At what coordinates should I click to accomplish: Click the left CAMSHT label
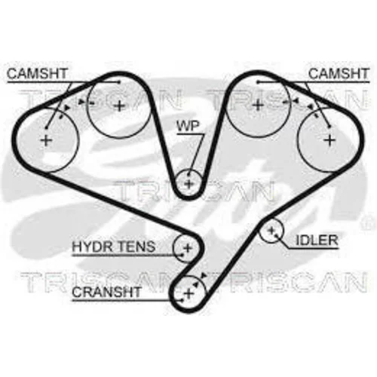(x=37, y=74)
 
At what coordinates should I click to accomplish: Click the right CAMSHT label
(x=339, y=74)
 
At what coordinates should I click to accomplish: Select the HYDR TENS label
(x=114, y=247)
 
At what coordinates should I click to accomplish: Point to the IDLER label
(x=317, y=241)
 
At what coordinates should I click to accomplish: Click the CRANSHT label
(x=106, y=292)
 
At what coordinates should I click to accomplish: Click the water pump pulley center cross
(x=189, y=183)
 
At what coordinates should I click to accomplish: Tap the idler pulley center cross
(x=271, y=230)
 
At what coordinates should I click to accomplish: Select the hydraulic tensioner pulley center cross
(x=188, y=248)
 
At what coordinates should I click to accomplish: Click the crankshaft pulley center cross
(x=189, y=293)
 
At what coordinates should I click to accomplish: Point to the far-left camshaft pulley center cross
(x=46, y=140)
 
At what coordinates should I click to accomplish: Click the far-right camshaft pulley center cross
(x=330, y=140)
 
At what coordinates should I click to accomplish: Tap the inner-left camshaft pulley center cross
(x=120, y=106)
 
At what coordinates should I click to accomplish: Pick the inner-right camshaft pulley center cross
(x=257, y=105)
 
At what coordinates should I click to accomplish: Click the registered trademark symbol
(x=367, y=222)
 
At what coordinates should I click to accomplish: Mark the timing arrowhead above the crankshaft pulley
(x=204, y=275)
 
